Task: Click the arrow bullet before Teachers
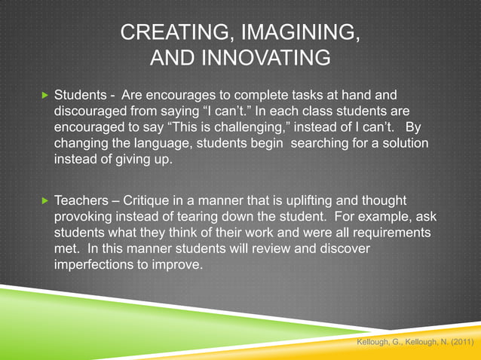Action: coord(43,201)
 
